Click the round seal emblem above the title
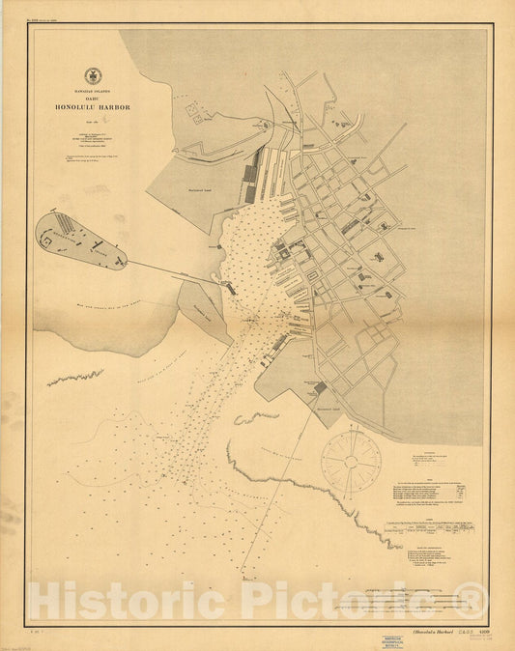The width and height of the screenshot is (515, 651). (93, 74)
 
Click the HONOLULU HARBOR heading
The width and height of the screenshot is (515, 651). (93, 107)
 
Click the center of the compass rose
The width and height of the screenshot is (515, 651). (351, 461)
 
